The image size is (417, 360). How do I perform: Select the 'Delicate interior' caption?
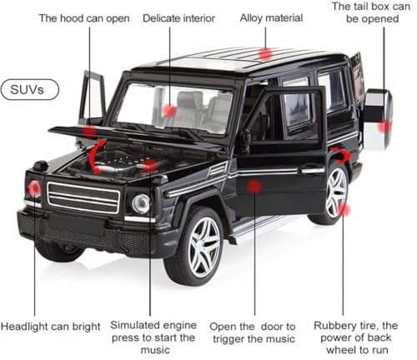(178, 18)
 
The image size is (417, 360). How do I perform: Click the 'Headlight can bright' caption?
(51, 326)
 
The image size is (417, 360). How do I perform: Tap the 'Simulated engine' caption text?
(152, 332)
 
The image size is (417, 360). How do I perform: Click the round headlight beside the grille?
(141, 203)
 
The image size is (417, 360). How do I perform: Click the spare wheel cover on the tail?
(378, 120)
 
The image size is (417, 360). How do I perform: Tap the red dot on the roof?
(265, 54)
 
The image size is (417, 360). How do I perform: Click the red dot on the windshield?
(169, 110)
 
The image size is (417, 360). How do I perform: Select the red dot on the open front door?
(255, 186)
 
